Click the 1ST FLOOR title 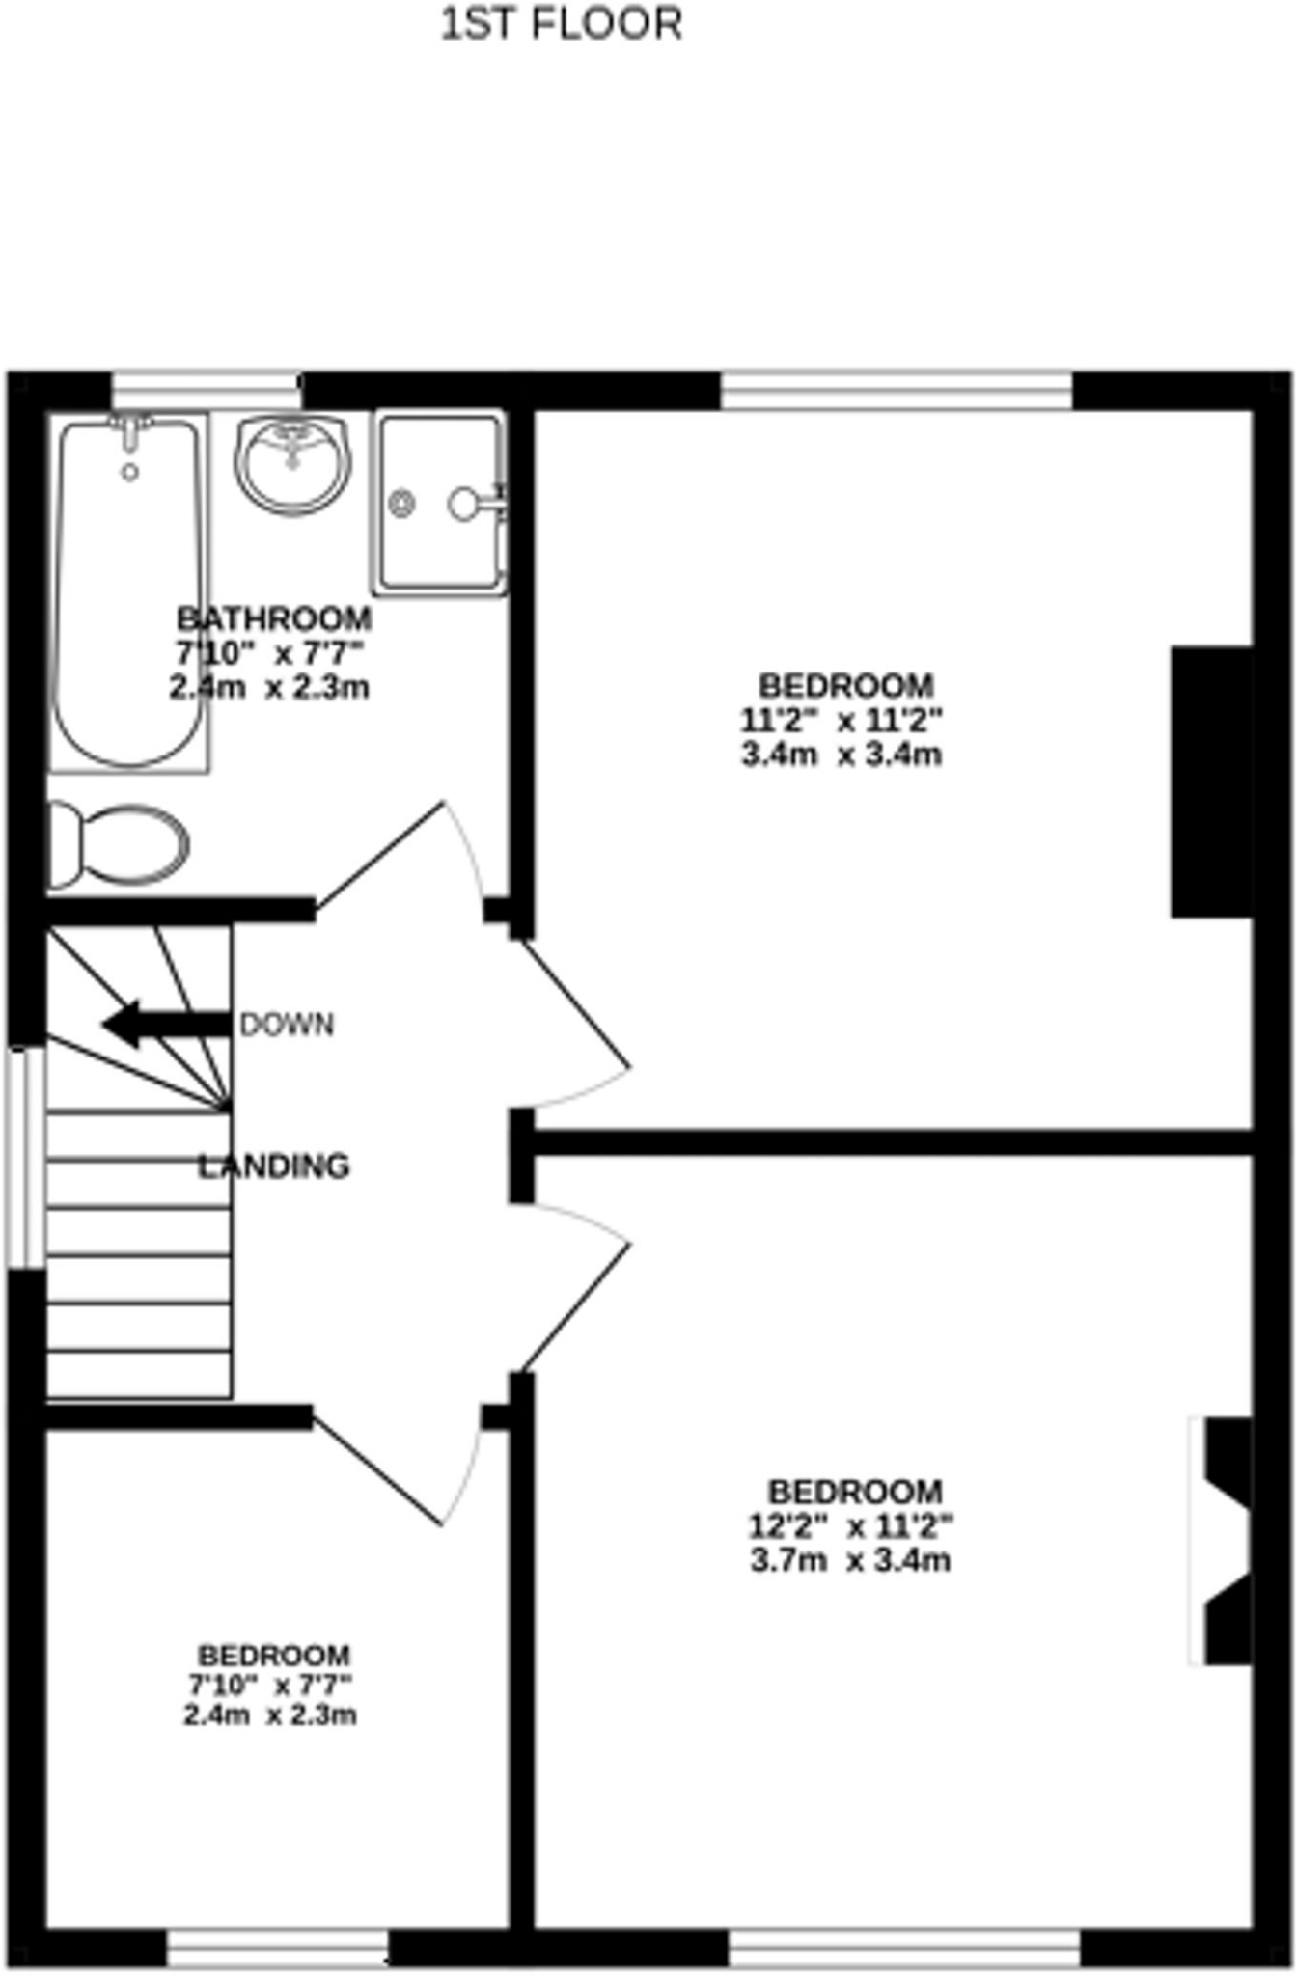click(561, 24)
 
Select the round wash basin click(292, 463)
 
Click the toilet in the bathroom click(118, 844)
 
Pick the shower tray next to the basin click(441, 503)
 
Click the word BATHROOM click(274, 617)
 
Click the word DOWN click(287, 1025)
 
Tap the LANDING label click(274, 1166)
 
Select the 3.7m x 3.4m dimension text click(850, 1560)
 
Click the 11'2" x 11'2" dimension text click(841, 720)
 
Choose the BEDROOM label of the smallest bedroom click(274, 1656)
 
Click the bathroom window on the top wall click(206, 392)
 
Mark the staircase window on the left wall click(25, 1157)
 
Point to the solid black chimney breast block click(1211, 782)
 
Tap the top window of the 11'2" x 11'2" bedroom click(897, 392)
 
